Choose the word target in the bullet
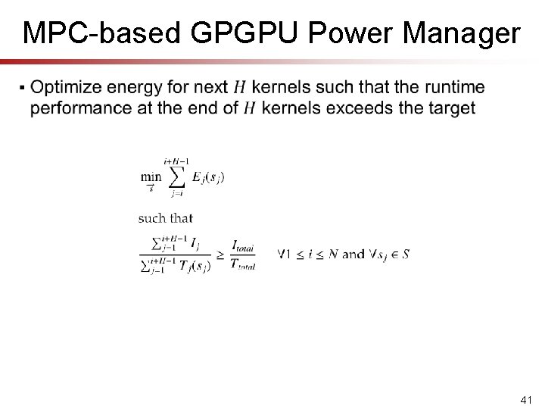coord(450,108)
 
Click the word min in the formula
coord(150,177)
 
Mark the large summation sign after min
coord(176,177)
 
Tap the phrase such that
coord(165,218)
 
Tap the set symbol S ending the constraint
coord(406,254)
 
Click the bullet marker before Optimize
coord(26,89)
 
